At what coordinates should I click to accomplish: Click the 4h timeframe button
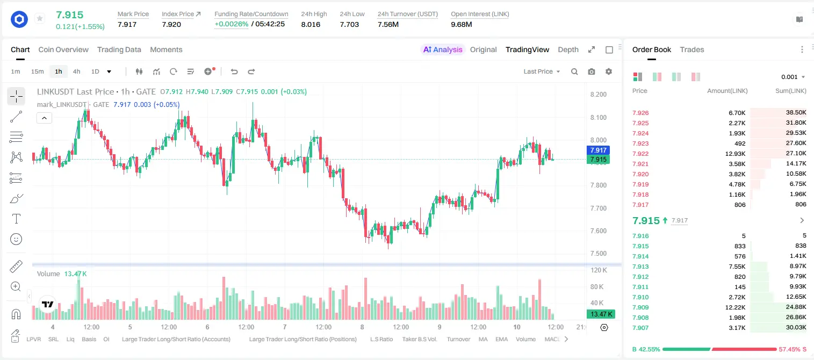click(x=76, y=71)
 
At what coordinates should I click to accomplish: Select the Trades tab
click(x=692, y=49)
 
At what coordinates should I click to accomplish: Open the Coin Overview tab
click(x=63, y=49)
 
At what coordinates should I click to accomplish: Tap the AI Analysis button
click(x=443, y=49)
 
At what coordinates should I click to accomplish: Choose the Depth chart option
click(x=568, y=49)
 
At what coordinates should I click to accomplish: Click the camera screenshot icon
click(x=592, y=71)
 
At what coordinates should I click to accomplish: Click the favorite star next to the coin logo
click(x=40, y=18)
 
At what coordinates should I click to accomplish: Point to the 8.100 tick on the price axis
click(x=598, y=117)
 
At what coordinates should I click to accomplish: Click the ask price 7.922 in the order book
click(x=640, y=154)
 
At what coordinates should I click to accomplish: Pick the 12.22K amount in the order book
click(x=735, y=307)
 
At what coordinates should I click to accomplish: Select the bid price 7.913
click(x=640, y=267)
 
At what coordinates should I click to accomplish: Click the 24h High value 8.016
click(x=311, y=24)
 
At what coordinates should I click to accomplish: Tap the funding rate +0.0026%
click(x=232, y=24)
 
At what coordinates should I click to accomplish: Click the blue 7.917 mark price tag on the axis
click(x=598, y=150)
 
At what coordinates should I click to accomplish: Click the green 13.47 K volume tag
click(x=601, y=314)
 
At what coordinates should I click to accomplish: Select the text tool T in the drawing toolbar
click(x=16, y=219)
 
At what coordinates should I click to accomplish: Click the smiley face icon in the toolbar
click(x=16, y=239)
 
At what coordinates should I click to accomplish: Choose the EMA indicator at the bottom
click(x=501, y=339)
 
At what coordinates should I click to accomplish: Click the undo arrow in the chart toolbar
click(x=234, y=71)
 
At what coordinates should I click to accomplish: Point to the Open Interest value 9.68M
click(x=462, y=24)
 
